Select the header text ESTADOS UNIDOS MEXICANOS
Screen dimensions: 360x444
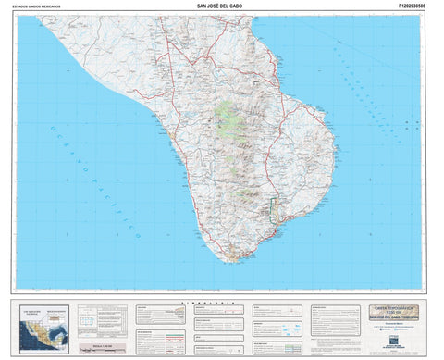point(40,6)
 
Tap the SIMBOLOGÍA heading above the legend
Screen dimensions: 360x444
point(222,302)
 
